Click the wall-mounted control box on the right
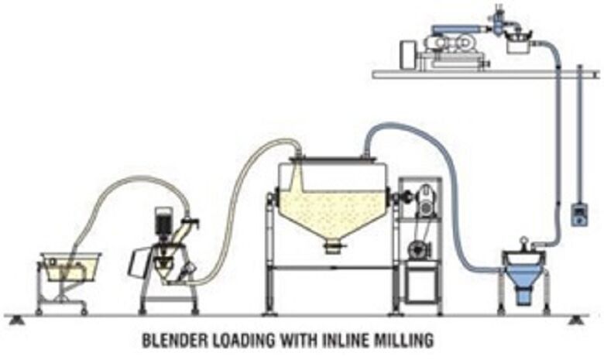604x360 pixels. [578, 214]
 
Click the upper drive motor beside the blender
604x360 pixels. [424, 201]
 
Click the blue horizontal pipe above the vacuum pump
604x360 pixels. [458, 29]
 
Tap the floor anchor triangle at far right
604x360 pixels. [576, 319]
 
